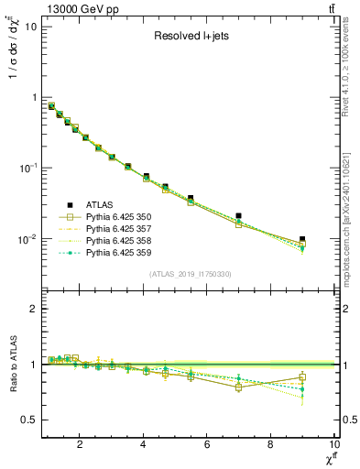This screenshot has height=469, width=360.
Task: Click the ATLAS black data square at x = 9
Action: point(302,239)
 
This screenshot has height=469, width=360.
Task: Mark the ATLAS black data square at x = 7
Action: point(238,216)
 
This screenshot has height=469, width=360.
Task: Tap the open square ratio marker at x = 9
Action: point(302,377)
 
